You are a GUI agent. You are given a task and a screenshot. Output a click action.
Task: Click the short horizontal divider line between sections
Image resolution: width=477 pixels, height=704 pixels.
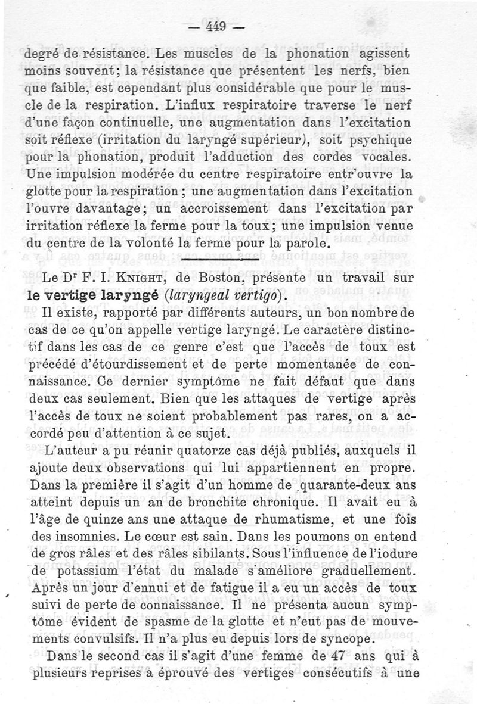(219, 261)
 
